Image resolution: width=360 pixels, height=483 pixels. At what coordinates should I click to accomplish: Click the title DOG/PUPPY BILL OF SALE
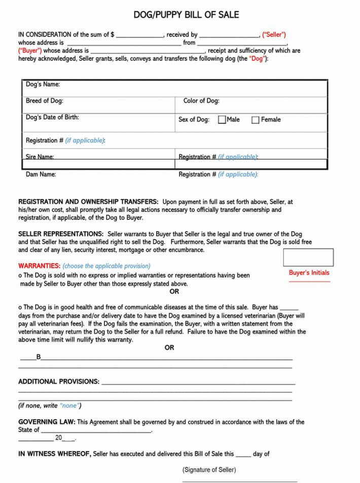tap(186, 15)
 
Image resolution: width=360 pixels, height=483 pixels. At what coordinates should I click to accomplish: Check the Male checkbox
tap(222, 120)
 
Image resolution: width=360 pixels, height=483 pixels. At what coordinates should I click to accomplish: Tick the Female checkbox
tap(256, 120)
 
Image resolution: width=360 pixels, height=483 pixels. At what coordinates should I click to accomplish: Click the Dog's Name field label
tap(43, 84)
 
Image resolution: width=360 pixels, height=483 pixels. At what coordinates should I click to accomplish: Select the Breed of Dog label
tap(45, 100)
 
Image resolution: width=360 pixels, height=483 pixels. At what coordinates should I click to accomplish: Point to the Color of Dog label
tap(201, 100)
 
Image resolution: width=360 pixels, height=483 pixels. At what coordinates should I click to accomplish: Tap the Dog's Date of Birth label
tap(52, 117)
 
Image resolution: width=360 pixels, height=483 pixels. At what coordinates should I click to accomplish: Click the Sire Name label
tap(40, 157)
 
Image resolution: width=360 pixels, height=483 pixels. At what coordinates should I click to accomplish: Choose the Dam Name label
tap(41, 174)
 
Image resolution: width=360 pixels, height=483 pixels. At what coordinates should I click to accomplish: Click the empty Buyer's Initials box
tap(308, 257)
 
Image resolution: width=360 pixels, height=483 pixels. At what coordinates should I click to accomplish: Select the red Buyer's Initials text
tap(309, 273)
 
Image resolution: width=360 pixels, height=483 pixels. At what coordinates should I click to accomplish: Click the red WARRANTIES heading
tap(39, 266)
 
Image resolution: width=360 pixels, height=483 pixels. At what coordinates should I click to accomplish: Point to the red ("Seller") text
tap(274, 35)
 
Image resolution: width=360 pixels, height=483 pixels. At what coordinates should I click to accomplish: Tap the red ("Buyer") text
tap(30, 51)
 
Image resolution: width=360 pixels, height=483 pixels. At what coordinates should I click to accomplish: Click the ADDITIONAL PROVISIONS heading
tap(59, 382)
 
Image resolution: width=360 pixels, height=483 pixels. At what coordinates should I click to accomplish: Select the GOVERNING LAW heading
tap(47, 422)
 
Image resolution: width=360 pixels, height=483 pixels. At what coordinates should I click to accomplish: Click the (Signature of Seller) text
tap(209, 470)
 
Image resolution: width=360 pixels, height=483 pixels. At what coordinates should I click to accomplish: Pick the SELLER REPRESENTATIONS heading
tap(61, 234)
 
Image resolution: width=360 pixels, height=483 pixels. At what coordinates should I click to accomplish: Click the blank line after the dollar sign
tap(139, 35)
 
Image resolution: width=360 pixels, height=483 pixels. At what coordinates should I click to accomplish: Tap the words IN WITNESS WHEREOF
tap(54, 454)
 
